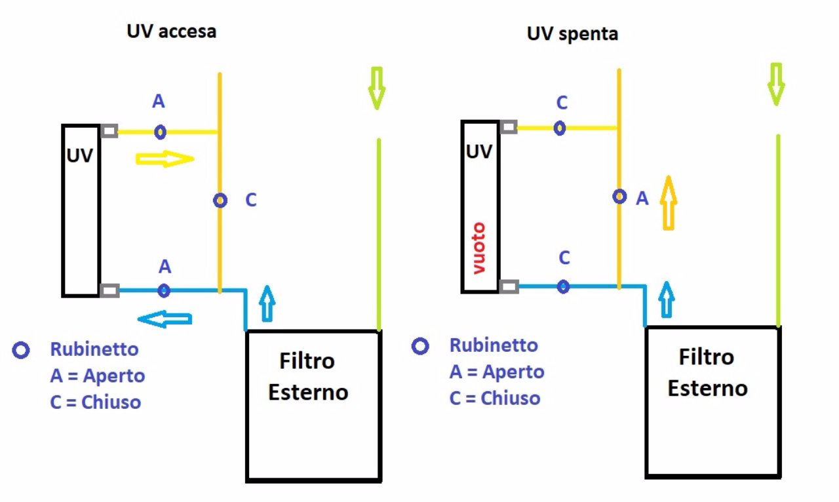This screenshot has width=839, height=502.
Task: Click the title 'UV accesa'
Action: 171,31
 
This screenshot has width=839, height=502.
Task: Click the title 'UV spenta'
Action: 572,33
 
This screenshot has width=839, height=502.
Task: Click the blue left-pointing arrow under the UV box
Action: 165,319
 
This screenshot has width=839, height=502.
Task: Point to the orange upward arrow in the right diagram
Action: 667,203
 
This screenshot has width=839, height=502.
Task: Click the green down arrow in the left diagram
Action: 376,87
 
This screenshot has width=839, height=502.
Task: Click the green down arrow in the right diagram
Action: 776,83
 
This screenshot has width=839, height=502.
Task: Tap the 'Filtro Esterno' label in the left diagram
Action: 307,376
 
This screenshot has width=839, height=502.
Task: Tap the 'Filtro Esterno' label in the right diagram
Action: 707,372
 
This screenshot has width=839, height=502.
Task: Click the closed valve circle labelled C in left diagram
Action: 220,201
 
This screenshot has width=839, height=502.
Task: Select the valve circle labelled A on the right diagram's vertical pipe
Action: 619,196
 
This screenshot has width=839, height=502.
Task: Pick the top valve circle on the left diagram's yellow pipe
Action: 160,132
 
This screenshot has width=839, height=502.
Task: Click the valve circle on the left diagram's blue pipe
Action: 164,290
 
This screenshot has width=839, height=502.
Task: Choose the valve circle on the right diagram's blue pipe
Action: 563,286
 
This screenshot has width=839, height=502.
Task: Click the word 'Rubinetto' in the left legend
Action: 94,349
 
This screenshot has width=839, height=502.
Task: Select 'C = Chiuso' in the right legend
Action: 495,398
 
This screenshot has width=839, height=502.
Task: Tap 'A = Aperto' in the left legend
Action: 97,376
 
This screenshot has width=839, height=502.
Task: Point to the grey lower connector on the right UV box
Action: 509,286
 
